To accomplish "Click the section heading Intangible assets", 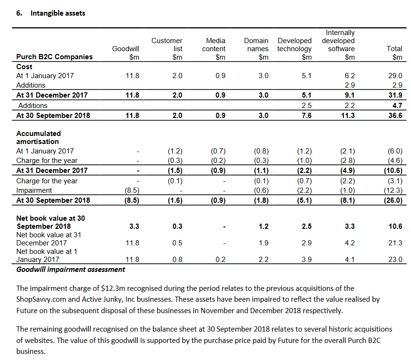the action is [58, 13].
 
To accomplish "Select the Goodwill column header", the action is [125, 49].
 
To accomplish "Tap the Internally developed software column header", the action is [338, 41].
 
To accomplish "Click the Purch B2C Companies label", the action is [54, 57].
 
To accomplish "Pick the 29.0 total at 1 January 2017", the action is [395, 76].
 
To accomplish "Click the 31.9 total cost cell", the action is [395, 95].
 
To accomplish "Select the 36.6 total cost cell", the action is [395, 116].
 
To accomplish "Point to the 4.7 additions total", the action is [397, 106].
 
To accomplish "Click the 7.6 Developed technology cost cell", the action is [306, 116].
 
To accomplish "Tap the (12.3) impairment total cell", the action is [393, 190].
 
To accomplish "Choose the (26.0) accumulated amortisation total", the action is [393, 200].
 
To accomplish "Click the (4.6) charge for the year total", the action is [395, 161].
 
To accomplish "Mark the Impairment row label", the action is [34, 190].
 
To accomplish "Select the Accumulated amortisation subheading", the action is [38, 137].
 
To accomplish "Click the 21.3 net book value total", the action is [395, 243].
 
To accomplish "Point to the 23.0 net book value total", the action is [395, 260].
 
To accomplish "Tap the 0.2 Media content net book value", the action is [220, 260].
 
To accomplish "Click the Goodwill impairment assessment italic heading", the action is [71, 270].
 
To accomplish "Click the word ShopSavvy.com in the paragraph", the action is [41, 299].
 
